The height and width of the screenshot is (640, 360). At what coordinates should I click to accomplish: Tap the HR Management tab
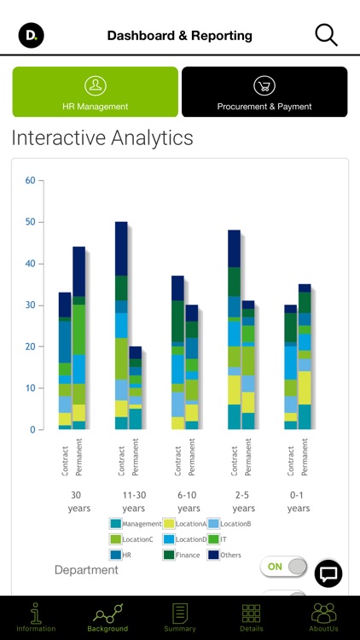[95, 92]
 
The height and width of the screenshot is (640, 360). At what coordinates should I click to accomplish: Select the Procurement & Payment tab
[264, 92]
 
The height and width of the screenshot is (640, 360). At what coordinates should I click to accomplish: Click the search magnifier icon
[326, 35]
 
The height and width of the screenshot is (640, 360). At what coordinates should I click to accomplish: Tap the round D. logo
[32, 35]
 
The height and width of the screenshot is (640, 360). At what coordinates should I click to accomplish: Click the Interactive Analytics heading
[102, 137]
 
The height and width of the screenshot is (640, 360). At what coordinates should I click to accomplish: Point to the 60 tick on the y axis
[30, 180]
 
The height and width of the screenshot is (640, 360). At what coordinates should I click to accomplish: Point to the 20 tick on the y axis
[30, 346]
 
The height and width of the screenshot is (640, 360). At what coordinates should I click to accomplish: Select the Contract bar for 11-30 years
[121, 324]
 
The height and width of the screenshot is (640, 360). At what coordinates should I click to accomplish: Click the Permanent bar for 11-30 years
[136, 387]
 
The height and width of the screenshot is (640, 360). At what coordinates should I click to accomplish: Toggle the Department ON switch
[283, 567]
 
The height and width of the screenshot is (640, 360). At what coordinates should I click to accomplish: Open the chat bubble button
[328, 573]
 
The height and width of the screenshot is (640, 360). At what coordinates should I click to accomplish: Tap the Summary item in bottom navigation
[180, 617]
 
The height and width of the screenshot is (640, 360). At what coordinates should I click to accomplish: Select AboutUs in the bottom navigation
[323, 617]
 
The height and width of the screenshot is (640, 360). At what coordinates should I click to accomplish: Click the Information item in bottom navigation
[36, 617]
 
